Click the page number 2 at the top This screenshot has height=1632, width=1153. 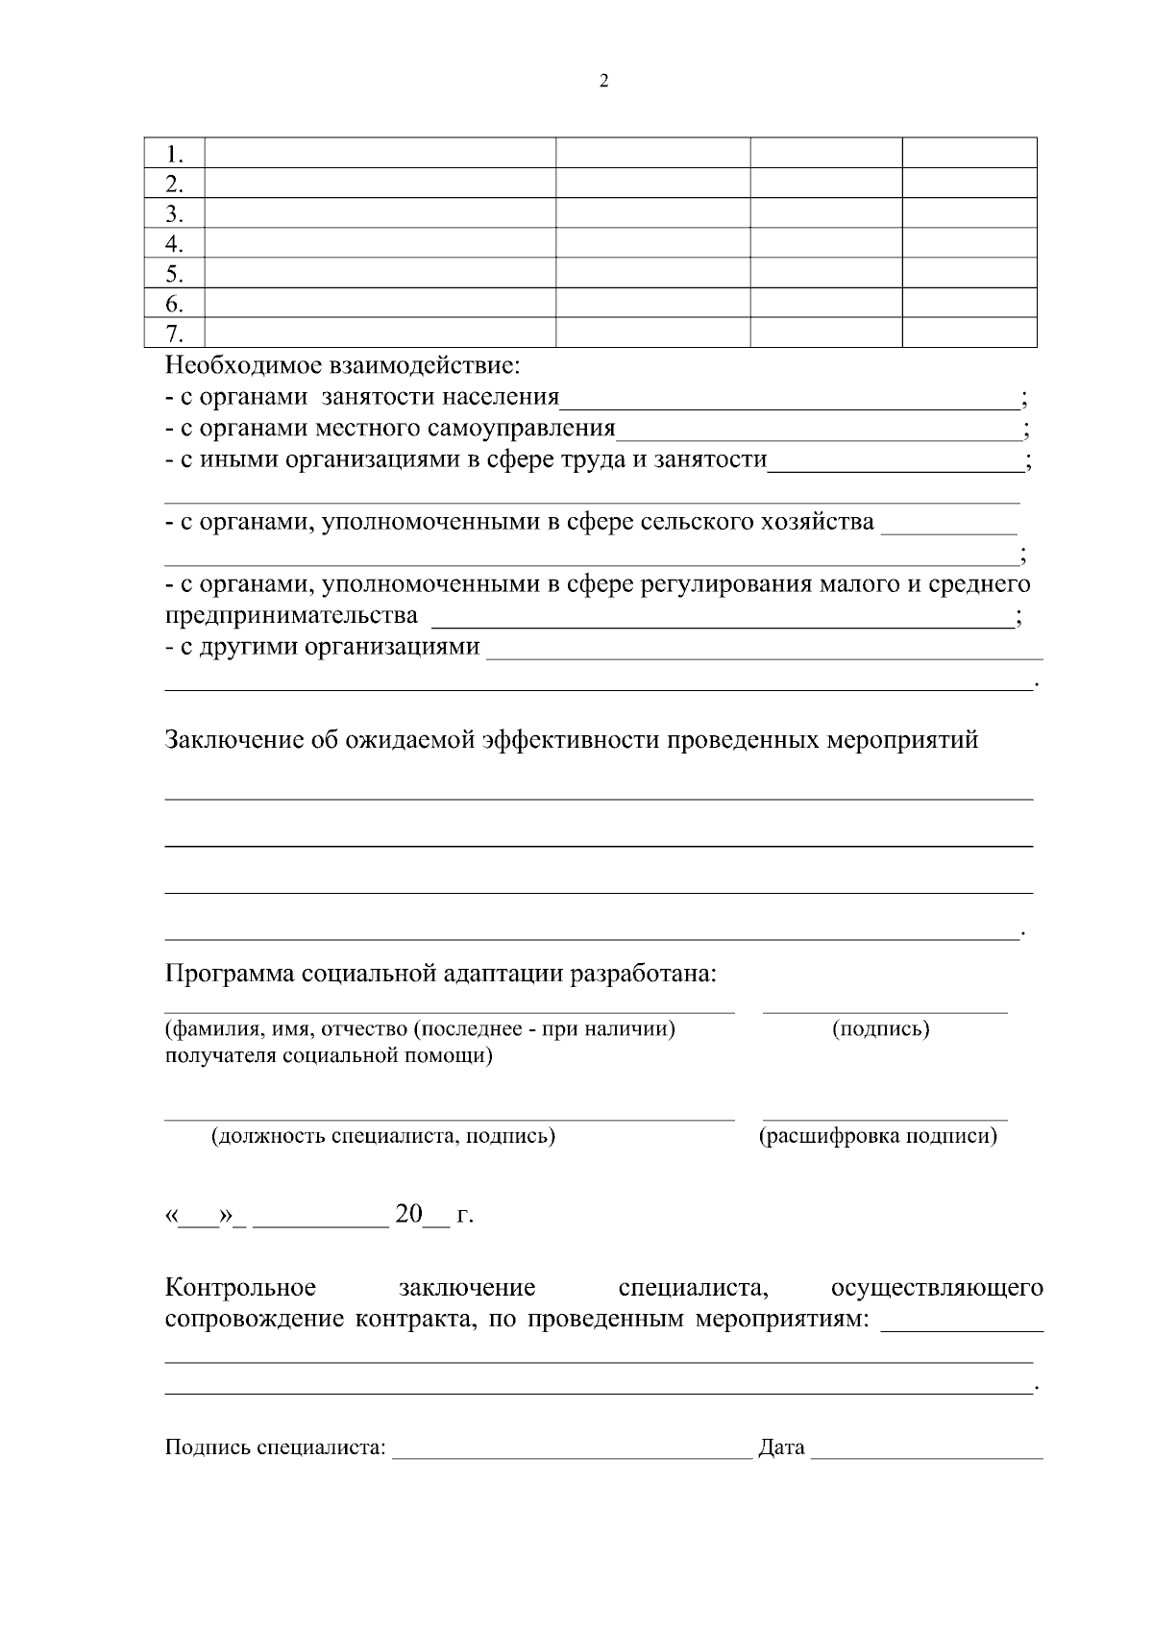603,82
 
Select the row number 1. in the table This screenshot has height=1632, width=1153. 174,154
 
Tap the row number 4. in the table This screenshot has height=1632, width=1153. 174,243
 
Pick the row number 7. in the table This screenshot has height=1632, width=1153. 174,334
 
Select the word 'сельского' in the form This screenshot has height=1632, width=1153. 698,522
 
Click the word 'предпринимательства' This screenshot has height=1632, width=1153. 291,615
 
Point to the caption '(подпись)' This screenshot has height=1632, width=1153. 881,1029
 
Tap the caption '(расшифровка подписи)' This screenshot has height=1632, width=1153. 878,1136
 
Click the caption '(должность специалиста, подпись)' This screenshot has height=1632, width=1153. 383,1136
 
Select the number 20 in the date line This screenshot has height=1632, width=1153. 408,1214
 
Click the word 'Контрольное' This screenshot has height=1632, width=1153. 241,1287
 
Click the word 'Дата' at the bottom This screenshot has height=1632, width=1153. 781,1447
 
